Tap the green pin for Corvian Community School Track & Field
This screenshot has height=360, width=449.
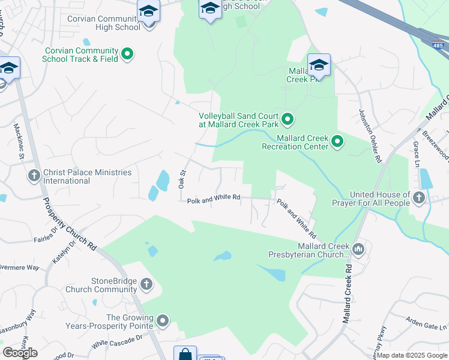click(x=127, y=55)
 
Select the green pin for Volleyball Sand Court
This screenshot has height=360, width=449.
click(x=287, y=119)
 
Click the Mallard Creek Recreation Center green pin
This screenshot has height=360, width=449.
click(x=337, y=142)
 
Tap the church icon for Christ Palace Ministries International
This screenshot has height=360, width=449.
click(x=34, y=176)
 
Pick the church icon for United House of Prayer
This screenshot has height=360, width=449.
click(x=419, y=197)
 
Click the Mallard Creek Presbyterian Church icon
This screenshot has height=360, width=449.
click(x=358, y=249)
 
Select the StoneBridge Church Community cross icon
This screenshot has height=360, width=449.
click(x=146, y=284)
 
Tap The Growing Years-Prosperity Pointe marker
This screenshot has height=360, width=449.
click(x=163, y=321)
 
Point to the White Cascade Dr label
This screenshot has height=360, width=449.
click(x=117, y=342)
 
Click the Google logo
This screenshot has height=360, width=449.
click(x=20, y=353)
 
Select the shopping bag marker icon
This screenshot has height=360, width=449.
click(x=185, y=354)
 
